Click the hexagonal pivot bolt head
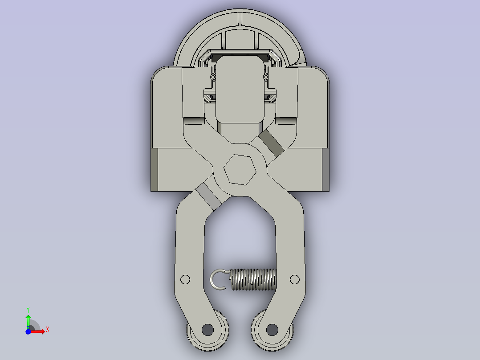240,170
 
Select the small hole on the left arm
185,279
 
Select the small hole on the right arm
294,279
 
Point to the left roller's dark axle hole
207,330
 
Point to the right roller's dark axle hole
272,330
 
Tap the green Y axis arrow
28,320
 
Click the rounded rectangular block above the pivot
239,89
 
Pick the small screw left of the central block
213,77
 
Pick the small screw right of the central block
266,77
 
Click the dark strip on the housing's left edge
154,169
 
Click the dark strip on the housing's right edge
325,169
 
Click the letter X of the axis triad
48,330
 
